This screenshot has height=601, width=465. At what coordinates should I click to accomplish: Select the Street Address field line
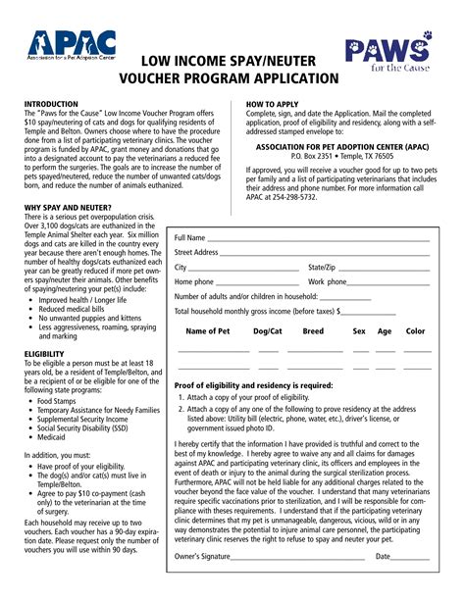coord(337,253)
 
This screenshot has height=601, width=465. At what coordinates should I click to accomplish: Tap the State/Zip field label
coord(322,267)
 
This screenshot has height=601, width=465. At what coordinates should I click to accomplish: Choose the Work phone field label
coord(328,281)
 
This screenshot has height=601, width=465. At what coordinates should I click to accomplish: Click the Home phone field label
coord(194,281)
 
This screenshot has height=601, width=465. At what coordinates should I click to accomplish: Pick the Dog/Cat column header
coord(267,331)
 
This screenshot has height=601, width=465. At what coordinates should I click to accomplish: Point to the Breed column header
coord(313,331)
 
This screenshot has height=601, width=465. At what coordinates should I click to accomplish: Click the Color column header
coord(415,331)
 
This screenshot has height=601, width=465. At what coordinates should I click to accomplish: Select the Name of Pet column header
coord(207,331)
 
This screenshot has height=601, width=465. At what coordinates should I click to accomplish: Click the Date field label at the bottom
coord(383,583)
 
